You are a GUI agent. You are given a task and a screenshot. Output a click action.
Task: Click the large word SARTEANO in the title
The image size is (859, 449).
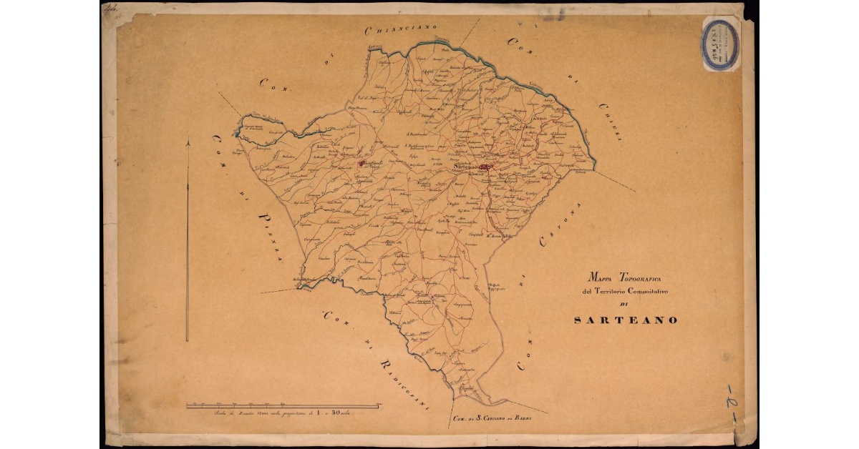(x=626, y=320)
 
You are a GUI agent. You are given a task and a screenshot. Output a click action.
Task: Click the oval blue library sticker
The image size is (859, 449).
(x=720, y=44)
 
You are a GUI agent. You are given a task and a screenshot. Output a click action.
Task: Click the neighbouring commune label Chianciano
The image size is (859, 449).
(x=401, y=29)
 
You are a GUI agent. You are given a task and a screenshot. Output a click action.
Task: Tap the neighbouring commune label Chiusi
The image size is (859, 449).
(x=610, y=120)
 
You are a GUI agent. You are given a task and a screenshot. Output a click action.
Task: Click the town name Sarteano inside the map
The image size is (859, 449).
(x=466, y=167)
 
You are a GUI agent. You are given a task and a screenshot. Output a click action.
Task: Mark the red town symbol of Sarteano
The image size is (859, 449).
(x=485, y=167)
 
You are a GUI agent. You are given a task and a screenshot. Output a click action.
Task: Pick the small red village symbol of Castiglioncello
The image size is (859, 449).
(x=361, y=163)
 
